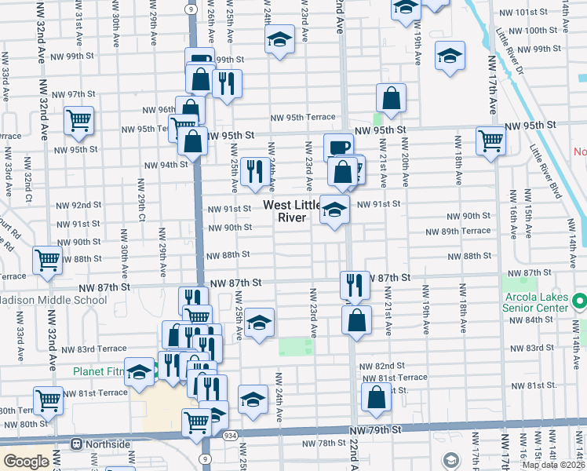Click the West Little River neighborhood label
[x=291, y=211]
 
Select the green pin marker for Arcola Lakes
[x=580, y=301]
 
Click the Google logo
[x=26, y=462]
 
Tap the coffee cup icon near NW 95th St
[x=339, y=148]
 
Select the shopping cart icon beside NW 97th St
[x=78, y=120]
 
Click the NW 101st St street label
[x=530, y=13]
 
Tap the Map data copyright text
[x=553, y=465]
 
